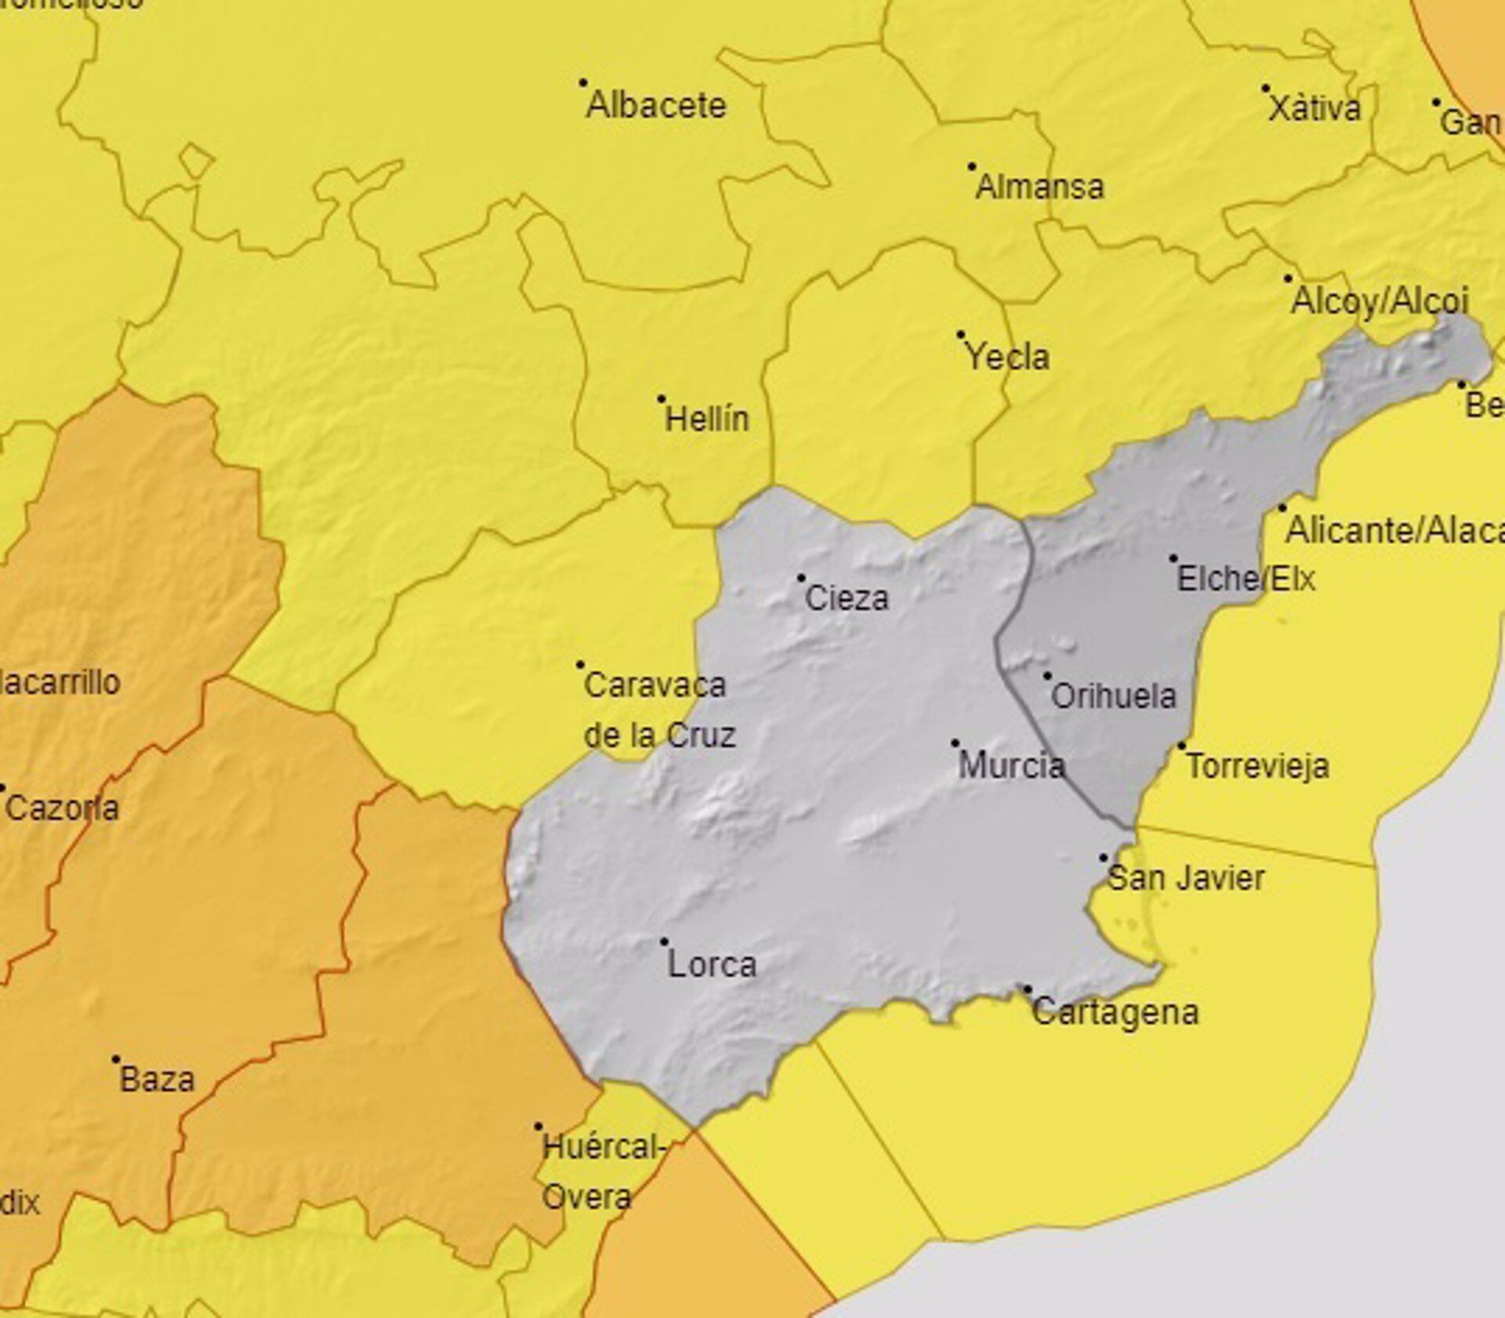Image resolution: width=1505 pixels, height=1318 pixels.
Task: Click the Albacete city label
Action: [x=656, y=105]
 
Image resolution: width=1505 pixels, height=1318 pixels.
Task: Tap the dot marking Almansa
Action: [x=972, y=166]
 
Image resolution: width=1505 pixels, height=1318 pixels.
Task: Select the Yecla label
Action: [x=1007, y=358]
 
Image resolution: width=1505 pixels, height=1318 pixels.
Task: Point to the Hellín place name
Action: [x=707, y=419]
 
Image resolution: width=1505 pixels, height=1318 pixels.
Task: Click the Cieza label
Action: [x=847, y=599]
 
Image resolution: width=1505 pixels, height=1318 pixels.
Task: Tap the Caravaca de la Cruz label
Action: [x=658, y=710]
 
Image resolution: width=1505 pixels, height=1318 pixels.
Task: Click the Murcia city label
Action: [x=1011, y=765]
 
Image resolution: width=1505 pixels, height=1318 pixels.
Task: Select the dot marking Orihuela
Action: [x=1047, y=676]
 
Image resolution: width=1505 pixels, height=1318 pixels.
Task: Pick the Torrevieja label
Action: [x=1257, y=766]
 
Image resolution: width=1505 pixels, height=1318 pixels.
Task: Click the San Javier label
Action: [x=1185, y=877]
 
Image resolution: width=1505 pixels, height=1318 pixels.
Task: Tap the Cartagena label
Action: [x=1115, y=1011]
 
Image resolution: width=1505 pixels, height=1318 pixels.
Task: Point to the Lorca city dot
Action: [x=664, y=942]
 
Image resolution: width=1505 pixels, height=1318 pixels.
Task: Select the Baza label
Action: [x=157, y=1080]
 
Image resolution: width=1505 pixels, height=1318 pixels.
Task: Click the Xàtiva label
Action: [x=1315, y=109]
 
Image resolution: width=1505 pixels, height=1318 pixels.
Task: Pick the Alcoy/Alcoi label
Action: [x=1380, y=301]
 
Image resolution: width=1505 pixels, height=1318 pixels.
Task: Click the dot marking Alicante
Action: [x=1282, y=508]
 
